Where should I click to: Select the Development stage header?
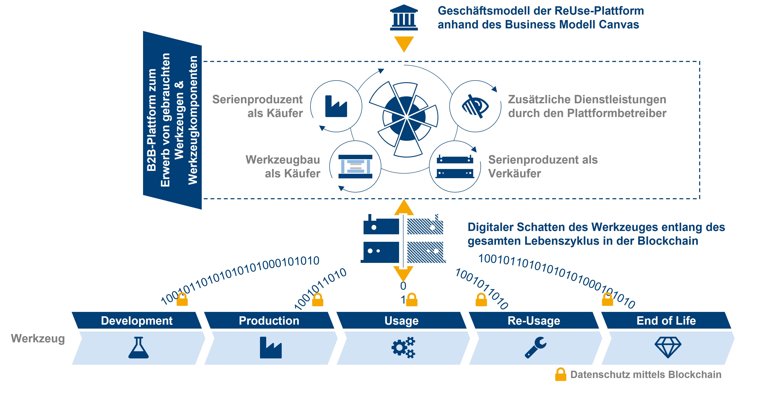[x=137, y=321]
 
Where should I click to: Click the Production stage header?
[x=269, y=321]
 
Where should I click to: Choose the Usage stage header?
[x=401, y=321]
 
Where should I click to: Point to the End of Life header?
[x=666, y=321]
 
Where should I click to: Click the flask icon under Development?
[x=138, y=348]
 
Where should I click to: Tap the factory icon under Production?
[x=271, y=348]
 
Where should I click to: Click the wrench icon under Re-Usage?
[x=535, y=348]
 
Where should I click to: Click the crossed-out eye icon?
[x=475, y=106]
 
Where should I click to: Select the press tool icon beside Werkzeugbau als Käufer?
[x=355, y=166]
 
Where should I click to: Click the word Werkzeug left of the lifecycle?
[x=38, y=338]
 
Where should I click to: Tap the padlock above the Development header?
[x=182, y=300]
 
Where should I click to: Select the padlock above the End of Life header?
[x=608, y=300]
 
